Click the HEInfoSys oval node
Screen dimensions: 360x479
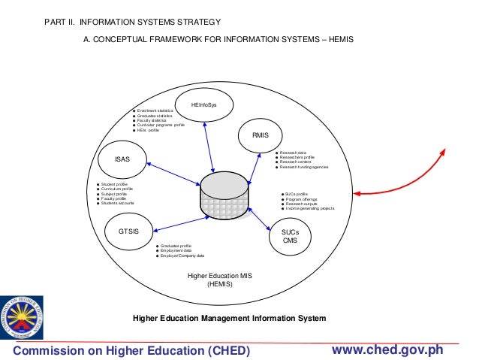203,104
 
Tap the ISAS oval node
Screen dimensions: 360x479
122,159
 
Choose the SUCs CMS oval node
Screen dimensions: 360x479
290,235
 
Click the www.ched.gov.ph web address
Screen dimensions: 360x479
387,350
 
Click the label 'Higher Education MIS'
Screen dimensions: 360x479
220,276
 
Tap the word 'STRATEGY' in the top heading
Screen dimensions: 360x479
201,23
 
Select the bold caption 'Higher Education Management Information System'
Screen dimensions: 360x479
229,318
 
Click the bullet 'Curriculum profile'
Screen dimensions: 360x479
117,189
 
